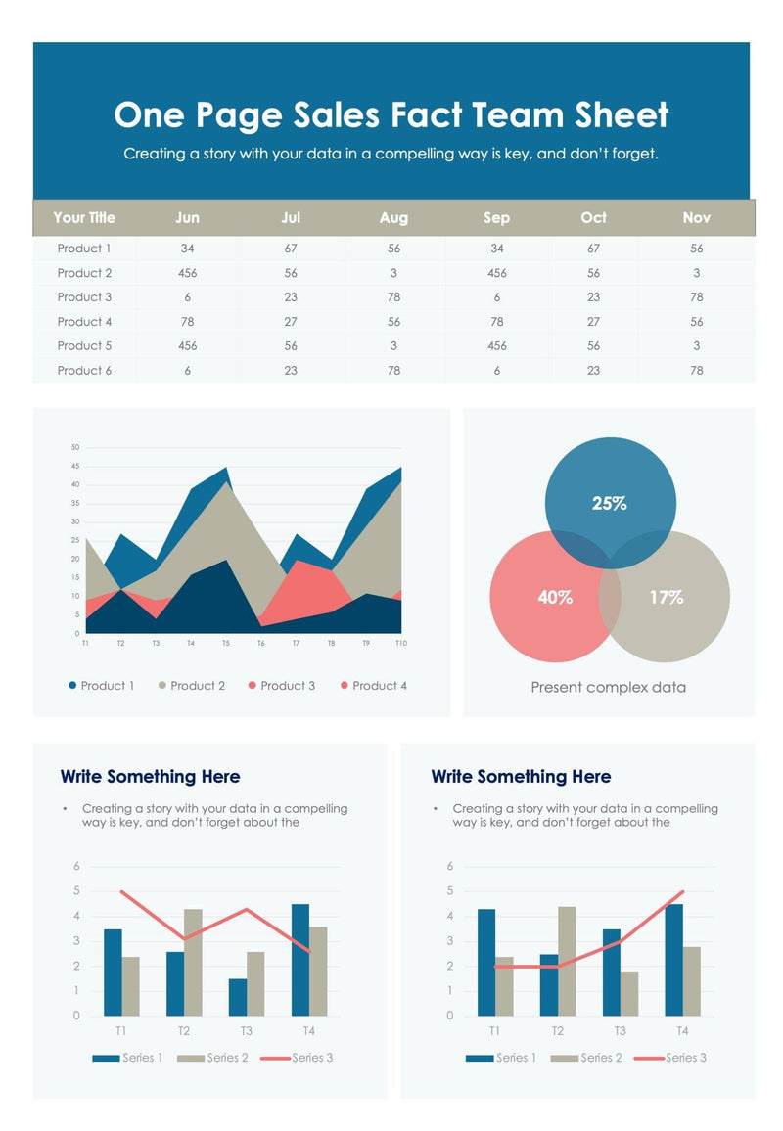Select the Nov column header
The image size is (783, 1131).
(697, 217)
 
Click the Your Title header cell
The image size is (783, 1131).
(84, 217)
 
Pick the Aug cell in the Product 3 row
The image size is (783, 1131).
(393, 297)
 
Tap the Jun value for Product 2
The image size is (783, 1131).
(187, 273)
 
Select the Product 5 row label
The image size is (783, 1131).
(84, 346)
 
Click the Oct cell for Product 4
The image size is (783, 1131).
(593, 322)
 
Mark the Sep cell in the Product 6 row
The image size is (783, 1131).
(497, 371)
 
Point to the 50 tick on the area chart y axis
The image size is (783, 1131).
(75, 447)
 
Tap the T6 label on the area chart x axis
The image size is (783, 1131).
(260, 644)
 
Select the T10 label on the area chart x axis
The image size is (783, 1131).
(400, 644)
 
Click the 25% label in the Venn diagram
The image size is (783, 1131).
(610, 504)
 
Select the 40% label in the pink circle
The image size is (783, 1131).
(555, 597)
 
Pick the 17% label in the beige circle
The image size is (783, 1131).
(667, 597)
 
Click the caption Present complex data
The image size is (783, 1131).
(608, 687)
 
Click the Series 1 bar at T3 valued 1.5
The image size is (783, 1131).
(238, 997)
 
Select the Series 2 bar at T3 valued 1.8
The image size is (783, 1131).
(629, 993)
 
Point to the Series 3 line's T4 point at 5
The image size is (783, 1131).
(682, 891)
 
